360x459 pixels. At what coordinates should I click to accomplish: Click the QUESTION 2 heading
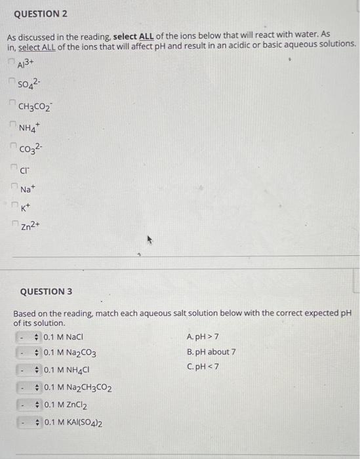click(x=41, y=14)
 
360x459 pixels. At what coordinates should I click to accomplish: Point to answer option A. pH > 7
click(x=203, y=337)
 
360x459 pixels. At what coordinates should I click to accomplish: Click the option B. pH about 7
click(x=211, y=351)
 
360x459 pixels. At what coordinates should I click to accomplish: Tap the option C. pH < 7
click(x=203, y=366)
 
